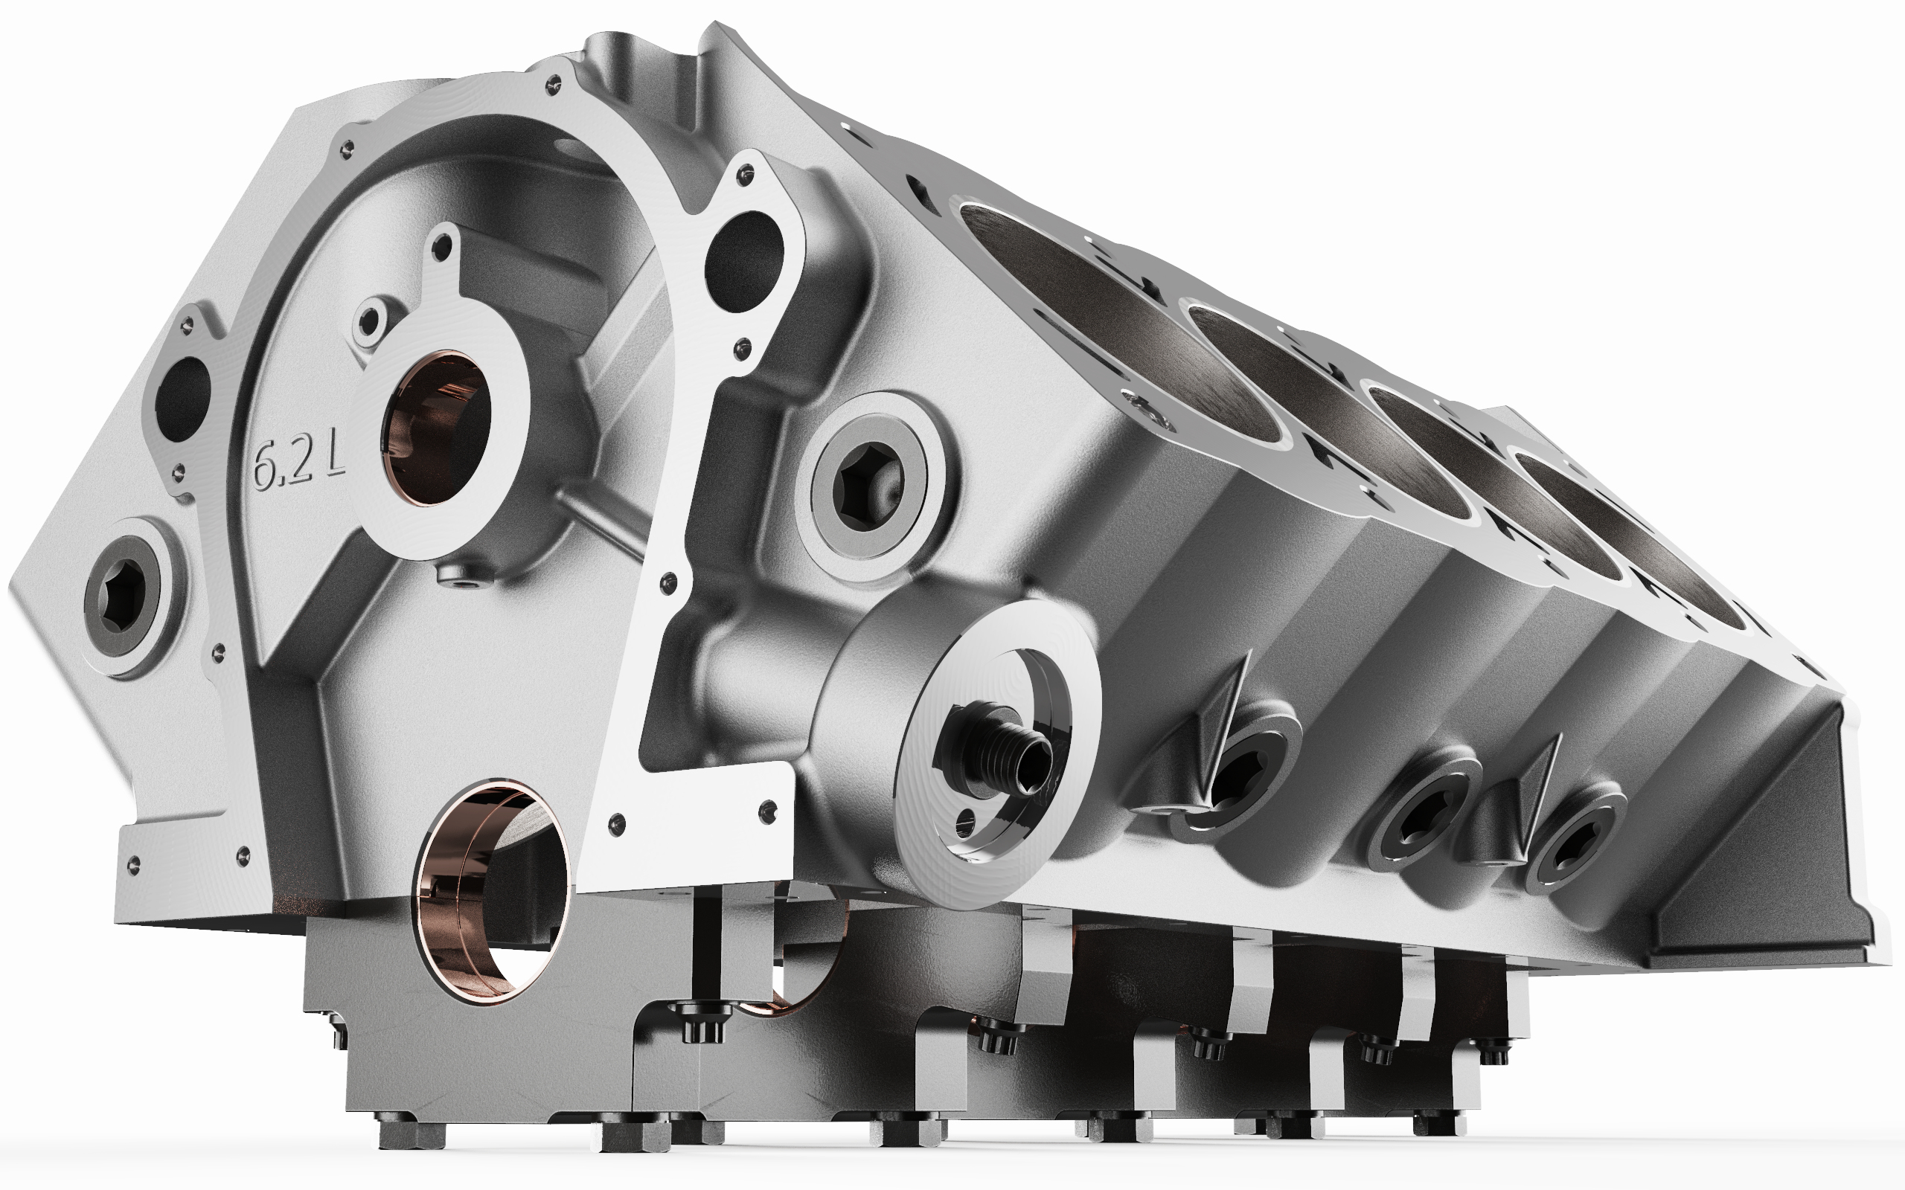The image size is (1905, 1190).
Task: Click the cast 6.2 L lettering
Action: [x=298, y=466]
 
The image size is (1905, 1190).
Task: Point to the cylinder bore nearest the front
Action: [x=1118, y=315]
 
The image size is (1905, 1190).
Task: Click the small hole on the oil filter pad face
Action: [x=965, y=823]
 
